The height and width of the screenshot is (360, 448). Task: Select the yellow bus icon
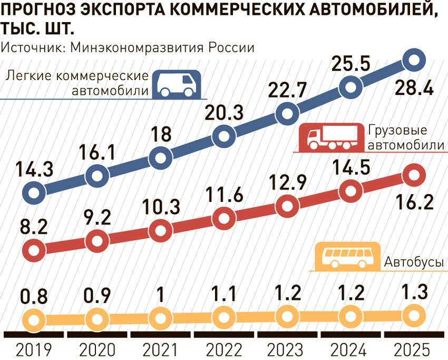[x=346, y=256]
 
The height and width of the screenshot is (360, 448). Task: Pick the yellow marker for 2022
[x=224, y=317]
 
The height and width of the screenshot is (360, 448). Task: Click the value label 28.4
[x=414, y=87]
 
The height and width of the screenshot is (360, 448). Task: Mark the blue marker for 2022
[x=224, y=137]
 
